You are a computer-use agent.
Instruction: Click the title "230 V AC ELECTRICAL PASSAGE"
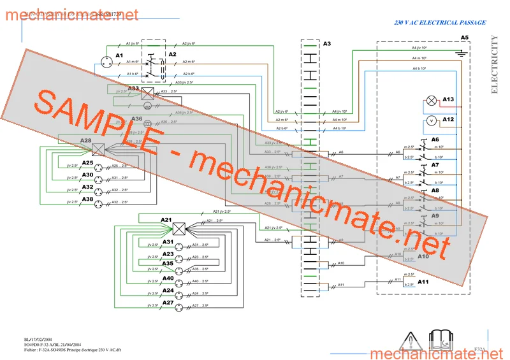click(440, 23)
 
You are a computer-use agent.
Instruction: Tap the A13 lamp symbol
click(432, 100)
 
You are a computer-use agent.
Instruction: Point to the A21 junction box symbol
click(179, 229)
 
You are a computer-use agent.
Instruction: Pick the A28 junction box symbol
click(98, 149)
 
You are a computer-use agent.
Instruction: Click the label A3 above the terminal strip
click(327, 44)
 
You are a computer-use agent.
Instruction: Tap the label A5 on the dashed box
click(465, 38)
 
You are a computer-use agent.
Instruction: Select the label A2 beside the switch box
click(171, 55)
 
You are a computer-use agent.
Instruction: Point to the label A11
click(423, 282)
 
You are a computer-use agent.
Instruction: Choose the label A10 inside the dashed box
click(423, 256)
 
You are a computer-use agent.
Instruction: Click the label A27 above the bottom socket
click(168, 302)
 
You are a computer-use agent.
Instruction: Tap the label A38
click(87, 199)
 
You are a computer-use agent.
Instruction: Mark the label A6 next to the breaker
click(435, 139)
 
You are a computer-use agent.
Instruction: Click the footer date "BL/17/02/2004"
click(38, 340)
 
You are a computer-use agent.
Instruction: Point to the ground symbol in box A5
click(460, 54)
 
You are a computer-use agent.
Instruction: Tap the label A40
click(168, 278)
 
